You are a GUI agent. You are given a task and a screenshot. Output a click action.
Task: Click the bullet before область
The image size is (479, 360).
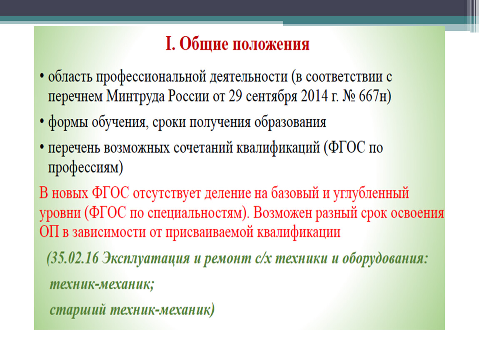[42, 76]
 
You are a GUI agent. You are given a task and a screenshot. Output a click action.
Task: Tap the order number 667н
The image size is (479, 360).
[374, 97]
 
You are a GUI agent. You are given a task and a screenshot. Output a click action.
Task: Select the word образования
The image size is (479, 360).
[290, 122]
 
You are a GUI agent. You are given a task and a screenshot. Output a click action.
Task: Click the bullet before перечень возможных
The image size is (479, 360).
[42, 147]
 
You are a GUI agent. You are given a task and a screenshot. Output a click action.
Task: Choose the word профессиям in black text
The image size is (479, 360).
[85, 168]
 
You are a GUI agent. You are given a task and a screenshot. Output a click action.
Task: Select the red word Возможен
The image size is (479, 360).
[282, 212]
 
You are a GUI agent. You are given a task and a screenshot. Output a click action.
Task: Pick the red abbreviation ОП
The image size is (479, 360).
[49, 232]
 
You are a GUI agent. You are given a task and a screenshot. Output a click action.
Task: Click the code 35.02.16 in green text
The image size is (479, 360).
[75, 259]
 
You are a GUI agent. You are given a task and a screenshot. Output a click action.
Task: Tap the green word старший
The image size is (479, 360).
[78, 310]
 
